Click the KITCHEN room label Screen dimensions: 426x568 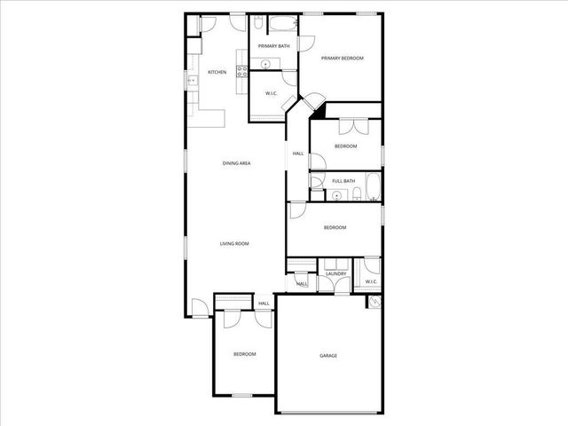pos(217,72)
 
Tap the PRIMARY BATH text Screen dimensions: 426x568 pos(273,45)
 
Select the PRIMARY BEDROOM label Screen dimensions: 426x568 pos(343,58)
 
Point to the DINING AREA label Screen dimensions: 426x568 pos(236,163)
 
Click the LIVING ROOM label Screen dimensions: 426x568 pos(234,243)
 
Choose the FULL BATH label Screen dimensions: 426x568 pos(343,181)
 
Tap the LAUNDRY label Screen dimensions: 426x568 pos(335,273)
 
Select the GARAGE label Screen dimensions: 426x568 pos(328,355)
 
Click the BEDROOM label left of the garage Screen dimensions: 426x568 pos(244,354)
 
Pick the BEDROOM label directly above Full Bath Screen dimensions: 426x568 pos(345,146)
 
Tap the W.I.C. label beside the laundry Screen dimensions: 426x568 pos(371,282)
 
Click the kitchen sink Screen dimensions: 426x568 pos(191,81)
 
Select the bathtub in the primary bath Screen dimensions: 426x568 pos(284,24)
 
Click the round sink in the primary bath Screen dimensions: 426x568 pos(265,64)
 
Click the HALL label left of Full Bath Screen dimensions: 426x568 pos(298,154)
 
